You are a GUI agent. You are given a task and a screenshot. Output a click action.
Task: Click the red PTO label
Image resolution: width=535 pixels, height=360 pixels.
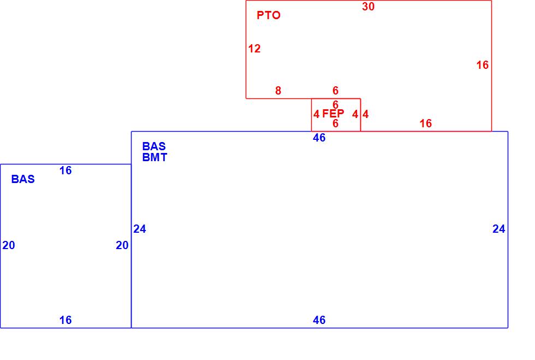(269, 15)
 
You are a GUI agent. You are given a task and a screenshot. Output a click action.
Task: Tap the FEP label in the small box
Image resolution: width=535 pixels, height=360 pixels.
(333, 114)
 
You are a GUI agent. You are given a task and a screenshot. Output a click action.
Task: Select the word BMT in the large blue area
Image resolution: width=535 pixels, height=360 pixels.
(154, 157)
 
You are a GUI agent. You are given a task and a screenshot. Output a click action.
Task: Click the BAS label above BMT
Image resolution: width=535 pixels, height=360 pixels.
(154, 146)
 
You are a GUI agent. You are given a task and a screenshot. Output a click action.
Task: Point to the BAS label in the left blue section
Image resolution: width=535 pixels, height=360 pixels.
(23, 179)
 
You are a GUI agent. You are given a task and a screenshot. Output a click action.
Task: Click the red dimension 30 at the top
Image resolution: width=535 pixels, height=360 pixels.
(368, 7)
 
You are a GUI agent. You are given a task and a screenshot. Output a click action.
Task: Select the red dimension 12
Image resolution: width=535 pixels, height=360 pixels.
(254, 49)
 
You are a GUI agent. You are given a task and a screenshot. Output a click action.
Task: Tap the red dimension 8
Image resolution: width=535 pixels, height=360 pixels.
(278, 91)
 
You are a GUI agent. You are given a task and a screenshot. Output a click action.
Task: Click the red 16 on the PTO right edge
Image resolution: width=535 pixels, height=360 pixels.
(483, 65)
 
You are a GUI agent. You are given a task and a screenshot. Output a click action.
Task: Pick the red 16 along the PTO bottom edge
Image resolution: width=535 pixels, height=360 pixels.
(426, 123)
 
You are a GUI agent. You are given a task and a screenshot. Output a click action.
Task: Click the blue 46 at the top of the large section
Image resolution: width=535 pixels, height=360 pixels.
(319, 138)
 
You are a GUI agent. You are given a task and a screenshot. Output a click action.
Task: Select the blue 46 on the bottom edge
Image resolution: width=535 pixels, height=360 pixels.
(319, 320)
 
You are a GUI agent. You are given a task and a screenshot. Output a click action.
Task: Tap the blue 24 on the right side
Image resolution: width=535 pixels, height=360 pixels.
(499, 229)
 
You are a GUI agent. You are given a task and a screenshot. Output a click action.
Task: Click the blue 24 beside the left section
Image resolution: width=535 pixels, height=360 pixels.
(140, 229)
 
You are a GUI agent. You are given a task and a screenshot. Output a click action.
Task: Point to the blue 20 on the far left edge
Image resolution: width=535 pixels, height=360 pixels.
(9, 245)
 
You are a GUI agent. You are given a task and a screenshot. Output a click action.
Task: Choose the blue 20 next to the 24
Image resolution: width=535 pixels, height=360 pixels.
(122, 245)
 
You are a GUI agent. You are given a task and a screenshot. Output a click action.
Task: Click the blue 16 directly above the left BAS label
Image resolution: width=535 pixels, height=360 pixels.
(66, 170)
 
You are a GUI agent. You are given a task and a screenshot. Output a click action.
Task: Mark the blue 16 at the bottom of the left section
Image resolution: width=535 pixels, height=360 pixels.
(66, 320)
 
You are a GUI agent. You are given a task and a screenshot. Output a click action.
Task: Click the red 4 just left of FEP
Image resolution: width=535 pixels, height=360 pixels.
(317, 114)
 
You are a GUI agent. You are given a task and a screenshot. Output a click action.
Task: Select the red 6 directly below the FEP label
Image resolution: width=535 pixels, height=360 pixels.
(336, 123)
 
